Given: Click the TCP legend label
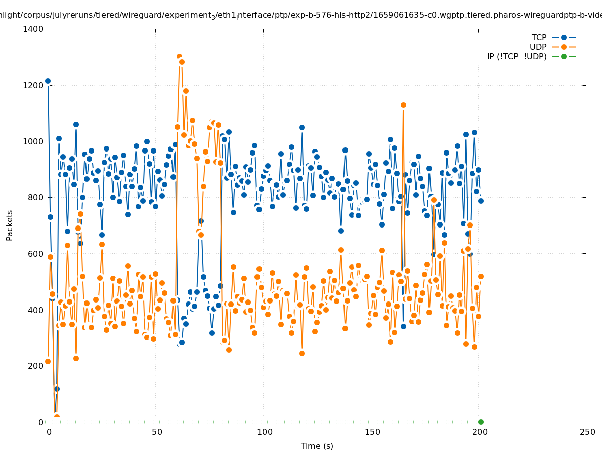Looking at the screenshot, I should (x=539, y=38).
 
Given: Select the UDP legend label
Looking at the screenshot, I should (x=538, y=47).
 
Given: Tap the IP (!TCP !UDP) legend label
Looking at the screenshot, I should (x=517, y=56).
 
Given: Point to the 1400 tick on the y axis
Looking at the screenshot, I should (x=34, y=29).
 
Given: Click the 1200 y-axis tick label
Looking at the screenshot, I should (x=34, y=85).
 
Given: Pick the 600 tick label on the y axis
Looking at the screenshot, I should (x=36, y=254).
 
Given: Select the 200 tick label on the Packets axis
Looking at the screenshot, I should (x=36, y=366).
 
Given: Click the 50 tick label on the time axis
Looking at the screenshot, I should (x=156, y=432).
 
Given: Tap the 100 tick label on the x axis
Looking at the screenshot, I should (x=264, y=432).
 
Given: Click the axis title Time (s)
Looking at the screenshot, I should (x=317, y=446).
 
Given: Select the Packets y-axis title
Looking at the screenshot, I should (x=10, y=225).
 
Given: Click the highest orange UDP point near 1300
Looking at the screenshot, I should (x=179, y=57).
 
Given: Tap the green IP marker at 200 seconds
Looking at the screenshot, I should (x=481, y=422).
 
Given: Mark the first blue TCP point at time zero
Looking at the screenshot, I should (x=48, y=81).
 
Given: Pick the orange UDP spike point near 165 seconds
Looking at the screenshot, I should (x=403, y=105).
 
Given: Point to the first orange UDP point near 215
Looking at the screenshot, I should (x=48, y=361).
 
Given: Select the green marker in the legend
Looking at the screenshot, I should (x=564, y=56).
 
